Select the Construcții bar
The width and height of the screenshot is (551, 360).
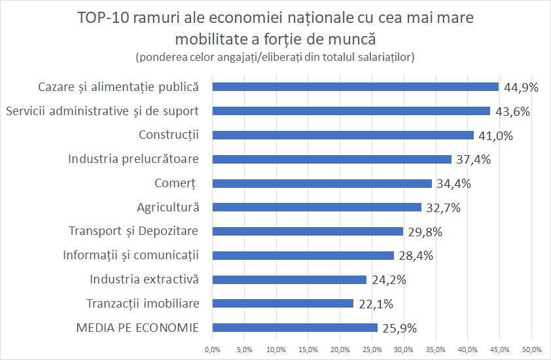coord(343,135)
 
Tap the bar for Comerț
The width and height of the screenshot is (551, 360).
coord(322,183)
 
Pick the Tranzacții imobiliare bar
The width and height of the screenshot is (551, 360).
coord(283,304)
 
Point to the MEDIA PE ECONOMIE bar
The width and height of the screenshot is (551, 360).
coord(295,327)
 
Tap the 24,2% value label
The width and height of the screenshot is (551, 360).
coord(386,280)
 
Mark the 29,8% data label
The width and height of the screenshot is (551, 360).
coord(422,232)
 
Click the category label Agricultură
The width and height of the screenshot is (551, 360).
coord(168,207)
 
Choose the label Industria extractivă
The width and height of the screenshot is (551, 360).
coord(144,279)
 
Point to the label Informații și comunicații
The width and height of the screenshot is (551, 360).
coord(130,255)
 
